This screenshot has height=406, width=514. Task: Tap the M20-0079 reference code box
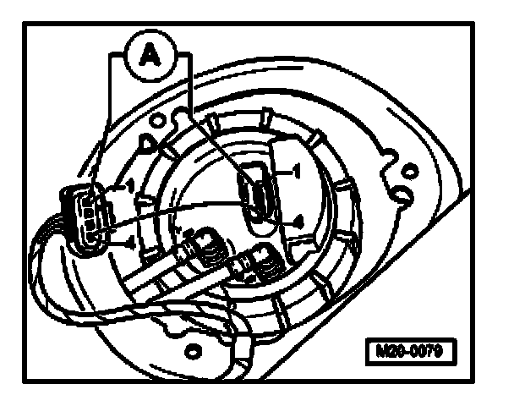tap(410, 349)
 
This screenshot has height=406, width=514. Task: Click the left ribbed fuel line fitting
tap(202, 246)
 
